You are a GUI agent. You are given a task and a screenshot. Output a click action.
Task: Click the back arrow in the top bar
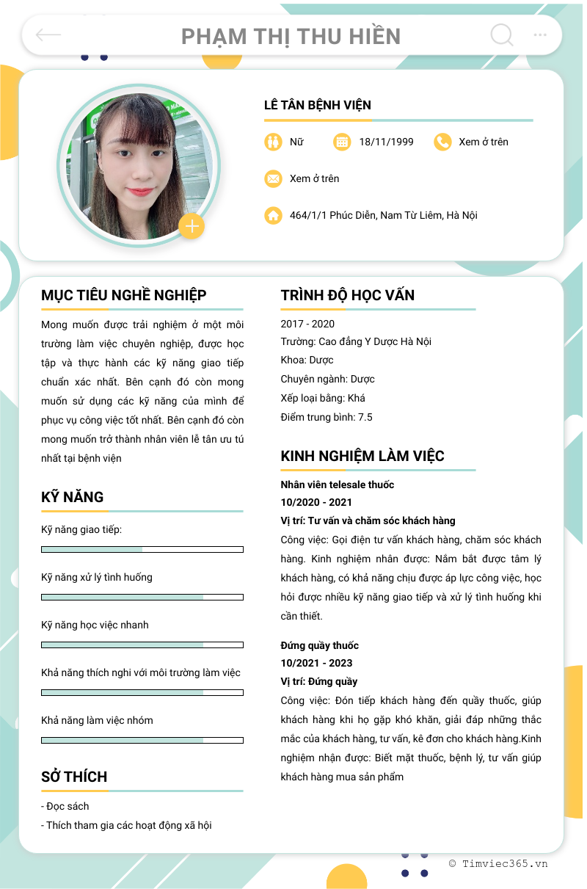click(48, 35)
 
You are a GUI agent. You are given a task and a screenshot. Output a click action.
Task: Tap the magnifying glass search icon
click(501, 35)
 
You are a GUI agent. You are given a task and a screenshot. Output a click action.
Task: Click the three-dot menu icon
click(540, 35)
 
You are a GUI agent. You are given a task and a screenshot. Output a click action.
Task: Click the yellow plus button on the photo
click(192, 226)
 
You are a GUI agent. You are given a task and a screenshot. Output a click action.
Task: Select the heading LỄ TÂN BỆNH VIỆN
click(318, 105)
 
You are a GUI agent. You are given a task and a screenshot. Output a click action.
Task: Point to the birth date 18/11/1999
click(386, 142)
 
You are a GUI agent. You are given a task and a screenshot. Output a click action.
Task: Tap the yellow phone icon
click(442, 142)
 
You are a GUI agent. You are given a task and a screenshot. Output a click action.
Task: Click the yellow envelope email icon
click(273, 178)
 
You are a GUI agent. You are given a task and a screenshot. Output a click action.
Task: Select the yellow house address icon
click(273, 215)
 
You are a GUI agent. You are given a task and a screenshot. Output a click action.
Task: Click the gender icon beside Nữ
click(273, 142)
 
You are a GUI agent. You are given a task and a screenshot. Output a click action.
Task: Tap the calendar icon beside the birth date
click(342, 142)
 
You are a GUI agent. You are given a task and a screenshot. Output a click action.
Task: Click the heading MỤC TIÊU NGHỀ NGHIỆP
click(124, 295)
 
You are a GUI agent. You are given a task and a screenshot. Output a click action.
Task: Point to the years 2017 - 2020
click(307, 324)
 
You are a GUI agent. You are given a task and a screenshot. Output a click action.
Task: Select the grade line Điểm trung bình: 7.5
click(327, 417)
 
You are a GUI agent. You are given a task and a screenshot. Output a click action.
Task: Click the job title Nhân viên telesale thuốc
click(338, 485)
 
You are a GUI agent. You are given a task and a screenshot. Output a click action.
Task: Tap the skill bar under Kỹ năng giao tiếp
click(142, 549)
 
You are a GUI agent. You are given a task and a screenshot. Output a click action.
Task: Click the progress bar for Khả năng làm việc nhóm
click(142, 740)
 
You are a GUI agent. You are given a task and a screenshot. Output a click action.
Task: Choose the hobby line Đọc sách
click(67, 806)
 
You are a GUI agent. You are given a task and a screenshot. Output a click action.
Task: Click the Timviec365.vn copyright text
click(498, 864)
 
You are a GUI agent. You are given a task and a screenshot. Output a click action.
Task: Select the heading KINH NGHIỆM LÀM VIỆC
click(362, 456)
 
